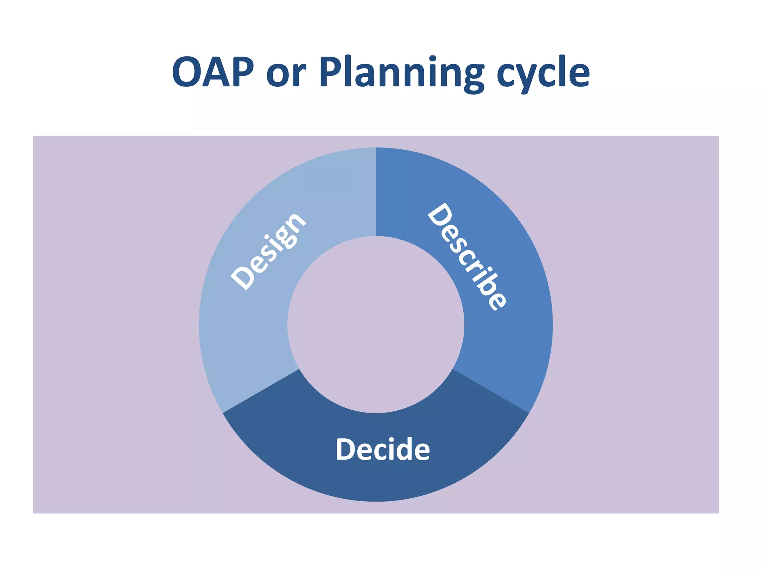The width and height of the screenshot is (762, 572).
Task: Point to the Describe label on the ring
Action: [x=467, y=257]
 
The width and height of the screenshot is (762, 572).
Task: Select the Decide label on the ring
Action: [x=382, y=449]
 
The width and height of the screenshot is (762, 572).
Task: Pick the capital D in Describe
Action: [x=440, y=214]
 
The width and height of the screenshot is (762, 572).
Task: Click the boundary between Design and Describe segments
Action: [x=376, y=192]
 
